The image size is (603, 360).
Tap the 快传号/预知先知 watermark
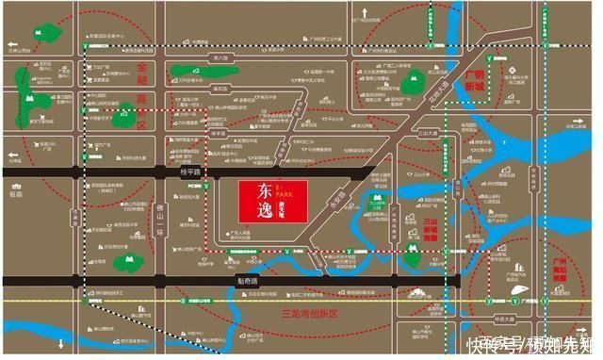532,344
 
